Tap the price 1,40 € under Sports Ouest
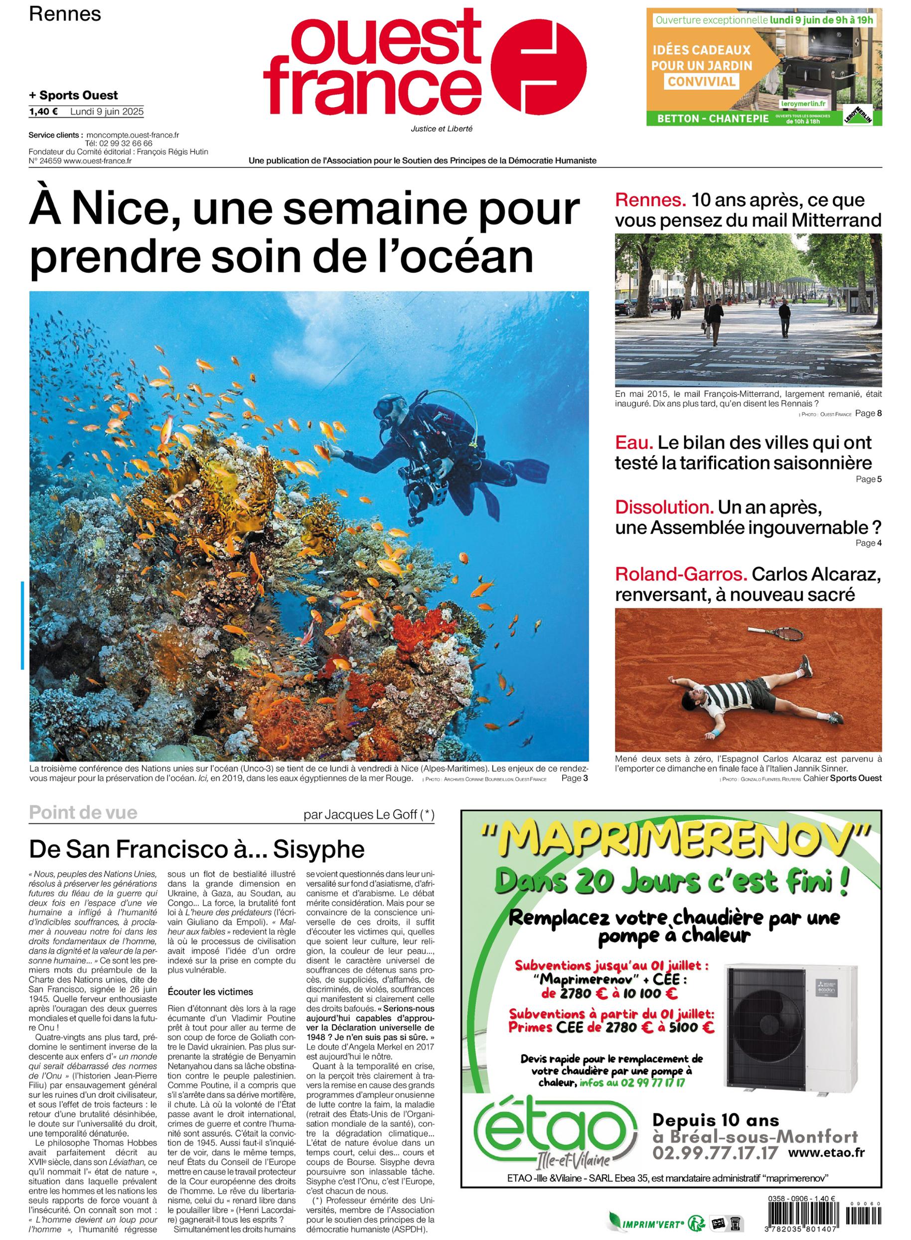pos(43,111)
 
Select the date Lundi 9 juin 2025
pos(107,111)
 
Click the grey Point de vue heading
pos(83,813)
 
